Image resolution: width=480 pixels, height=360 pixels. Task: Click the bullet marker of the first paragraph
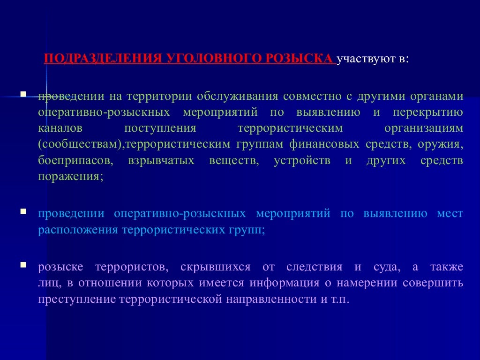pyautogui.click(x=22, y=94)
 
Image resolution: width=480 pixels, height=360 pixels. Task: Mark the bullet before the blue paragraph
pyautogui.click(x=22, y=212)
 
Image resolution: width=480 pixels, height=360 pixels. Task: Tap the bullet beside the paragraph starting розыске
pyautogui.click(x=22, y=266)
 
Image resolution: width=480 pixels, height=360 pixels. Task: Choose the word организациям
pyautogui.click(x=423, y=128)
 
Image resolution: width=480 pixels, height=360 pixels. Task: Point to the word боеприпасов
pyautogui.click(x=76, y=160)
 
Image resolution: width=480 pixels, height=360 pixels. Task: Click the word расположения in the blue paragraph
pyautogui.click(x=78, y=230)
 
